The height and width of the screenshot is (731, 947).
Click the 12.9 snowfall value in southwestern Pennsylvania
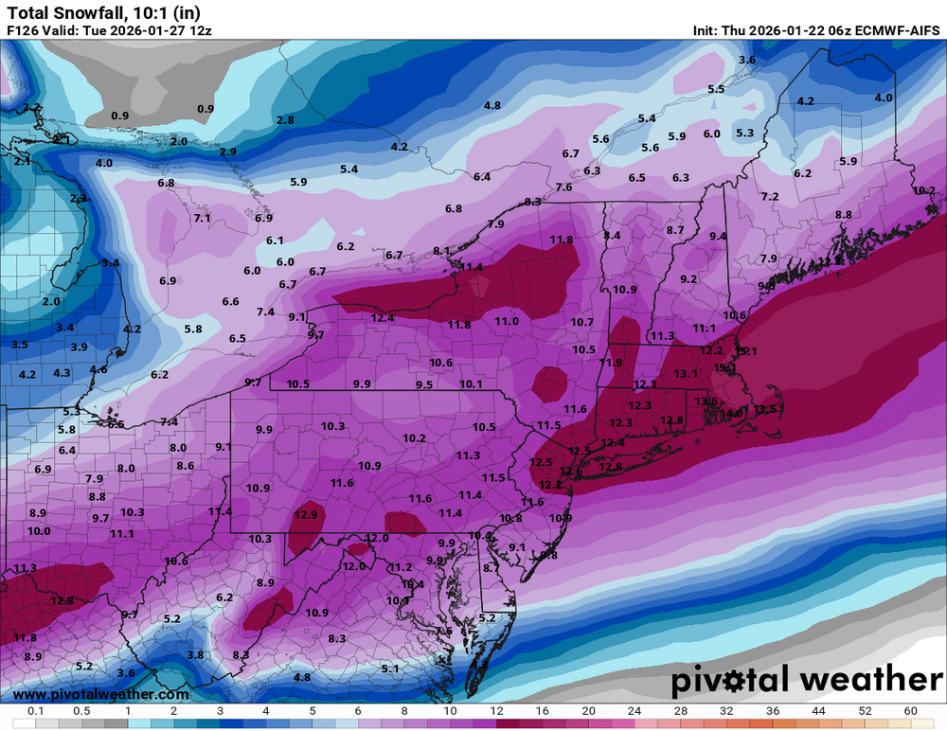pyautogui.click(x=305, y=515)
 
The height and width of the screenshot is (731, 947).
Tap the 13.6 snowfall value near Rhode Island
pyautogui.click(x=706, y=401)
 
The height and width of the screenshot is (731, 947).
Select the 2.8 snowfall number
pyautogui.click(x=285, y=120)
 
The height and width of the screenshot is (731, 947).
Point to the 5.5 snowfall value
pyautogui.click(x=715, y=89)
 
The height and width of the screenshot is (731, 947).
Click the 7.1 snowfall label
pyautogui.click(x=202, y=218)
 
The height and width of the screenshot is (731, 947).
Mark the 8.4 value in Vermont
pyautogui.click(x=612, y=235)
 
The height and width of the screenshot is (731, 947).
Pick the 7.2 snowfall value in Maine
pyautogui.click(x=769, y=197)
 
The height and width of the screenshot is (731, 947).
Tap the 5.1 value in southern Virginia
pyautogui.click(x=389, y=669)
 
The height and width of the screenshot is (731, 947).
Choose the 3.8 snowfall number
pyautogui.click(x=195, y=654)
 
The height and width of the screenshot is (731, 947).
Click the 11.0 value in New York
pyautogui.click(x=507, y=322)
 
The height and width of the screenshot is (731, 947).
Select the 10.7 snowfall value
pyautogui.click(x=582, y=322)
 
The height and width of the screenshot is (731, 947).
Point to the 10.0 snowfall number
pyautogui.click(x=39, y=531)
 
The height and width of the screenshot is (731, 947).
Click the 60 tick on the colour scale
pyautogui.click(x=910, y=710)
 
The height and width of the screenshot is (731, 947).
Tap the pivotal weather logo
pyautogui.click(x=807, y=679)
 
